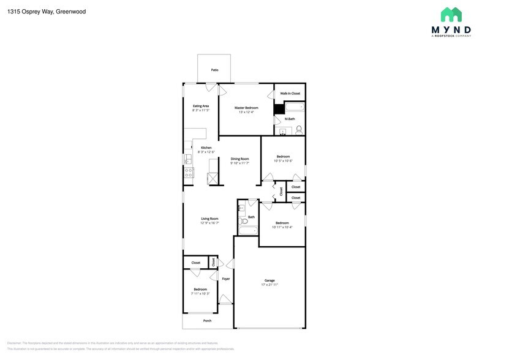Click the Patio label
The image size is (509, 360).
point(214,70)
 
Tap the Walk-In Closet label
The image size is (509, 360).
point(290,93)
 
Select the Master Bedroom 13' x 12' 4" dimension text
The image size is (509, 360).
point(246,112)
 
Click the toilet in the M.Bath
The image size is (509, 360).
point(298,129)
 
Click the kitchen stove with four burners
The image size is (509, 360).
point(189,173)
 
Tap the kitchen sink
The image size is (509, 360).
point(189,159)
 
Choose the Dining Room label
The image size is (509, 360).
point(239,159)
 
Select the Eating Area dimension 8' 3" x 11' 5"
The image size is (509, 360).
point(201,110)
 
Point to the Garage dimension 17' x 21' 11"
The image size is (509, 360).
point(270,285)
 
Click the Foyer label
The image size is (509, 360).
point(226,279)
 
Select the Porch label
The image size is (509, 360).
point(207,320)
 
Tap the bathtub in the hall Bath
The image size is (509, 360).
point(247,231)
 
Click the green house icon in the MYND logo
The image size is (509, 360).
point(451,15)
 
